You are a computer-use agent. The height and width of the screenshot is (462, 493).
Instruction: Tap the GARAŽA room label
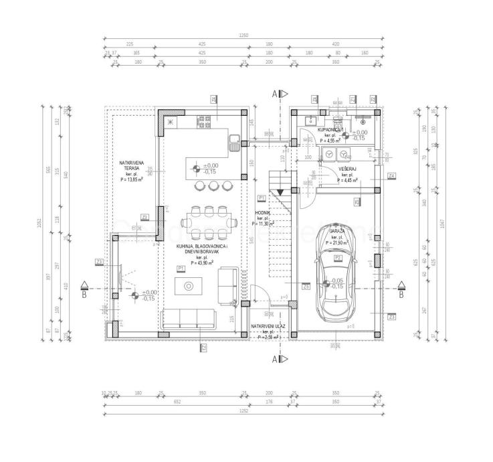pos(337,230)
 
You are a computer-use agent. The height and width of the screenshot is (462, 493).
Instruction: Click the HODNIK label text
pos(262,213)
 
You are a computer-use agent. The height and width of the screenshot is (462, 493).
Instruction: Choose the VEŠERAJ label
pos(346,169)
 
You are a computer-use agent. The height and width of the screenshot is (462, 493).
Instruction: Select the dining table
pos(208,223)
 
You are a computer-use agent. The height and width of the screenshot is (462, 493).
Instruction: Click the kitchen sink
pos(233,141)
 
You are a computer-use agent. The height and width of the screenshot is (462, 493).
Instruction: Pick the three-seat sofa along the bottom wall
pos(188,319)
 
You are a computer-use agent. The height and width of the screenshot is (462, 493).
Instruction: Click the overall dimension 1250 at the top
pos(243,35)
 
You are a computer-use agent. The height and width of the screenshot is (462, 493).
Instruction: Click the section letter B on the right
pos(400,293)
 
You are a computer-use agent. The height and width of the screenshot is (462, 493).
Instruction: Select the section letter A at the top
pos(274,94)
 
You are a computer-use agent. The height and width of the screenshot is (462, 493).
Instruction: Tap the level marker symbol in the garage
pos(324,284)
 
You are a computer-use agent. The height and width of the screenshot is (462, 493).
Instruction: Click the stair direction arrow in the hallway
pos(281,192)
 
